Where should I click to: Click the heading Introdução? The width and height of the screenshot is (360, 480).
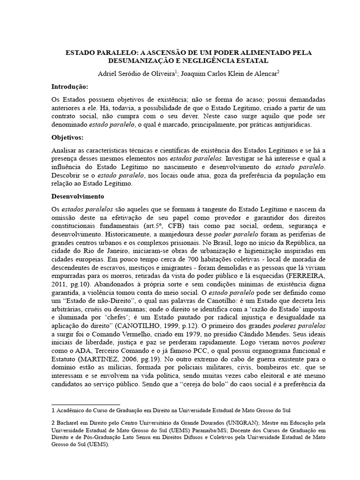pyautogui.click(x=69, y=87)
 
